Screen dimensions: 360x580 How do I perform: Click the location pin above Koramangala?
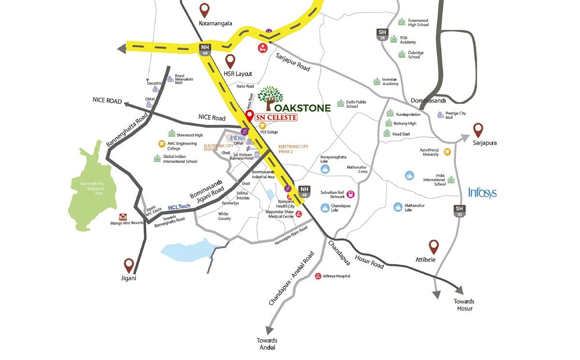point(204,10)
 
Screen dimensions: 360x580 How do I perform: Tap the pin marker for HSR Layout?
point(231,61)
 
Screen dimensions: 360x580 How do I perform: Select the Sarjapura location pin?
point(478,130)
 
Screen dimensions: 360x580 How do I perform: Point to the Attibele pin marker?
point(434,246)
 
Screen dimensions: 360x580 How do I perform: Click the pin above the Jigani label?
point(129,265)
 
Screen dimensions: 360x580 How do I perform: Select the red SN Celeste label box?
point(276,117)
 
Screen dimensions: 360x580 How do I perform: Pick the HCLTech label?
point(179,207)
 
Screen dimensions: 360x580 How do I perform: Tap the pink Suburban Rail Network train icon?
point(350,195)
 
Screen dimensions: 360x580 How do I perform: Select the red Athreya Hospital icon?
point(318,276)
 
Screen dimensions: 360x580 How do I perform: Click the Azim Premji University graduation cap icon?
point(447,152)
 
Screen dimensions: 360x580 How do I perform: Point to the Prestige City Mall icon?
point(440,115)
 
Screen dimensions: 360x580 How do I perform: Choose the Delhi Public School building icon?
point(341,103)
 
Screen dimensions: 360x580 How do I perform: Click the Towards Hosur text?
point(463,304)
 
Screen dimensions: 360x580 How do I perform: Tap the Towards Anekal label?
point(267,344)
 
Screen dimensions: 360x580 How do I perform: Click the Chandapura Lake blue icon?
point(325,208)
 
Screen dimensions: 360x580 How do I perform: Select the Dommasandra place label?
point(428,101)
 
